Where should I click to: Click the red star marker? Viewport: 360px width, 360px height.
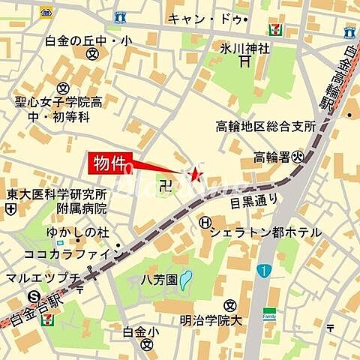pyautogui.click(x=197, y=175)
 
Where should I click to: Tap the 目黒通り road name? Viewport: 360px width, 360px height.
pyautogui.click(x=253, y=200)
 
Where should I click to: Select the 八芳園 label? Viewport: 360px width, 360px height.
pyautogui.click(x=160, y=279)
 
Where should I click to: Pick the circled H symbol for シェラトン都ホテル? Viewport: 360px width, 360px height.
pyautogui.click(x=205, y=223)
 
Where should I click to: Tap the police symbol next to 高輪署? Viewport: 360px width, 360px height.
pyautogui.click(x=298, y=157)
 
